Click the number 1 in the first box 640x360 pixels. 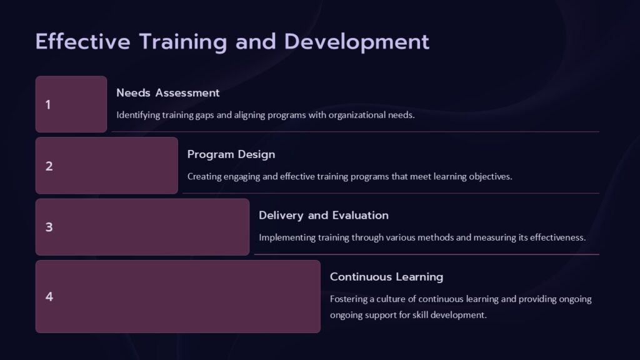pos(48,105)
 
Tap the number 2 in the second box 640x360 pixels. pos(49,166)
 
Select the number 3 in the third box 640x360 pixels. pos(49,227)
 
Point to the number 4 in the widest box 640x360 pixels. pos(49,297)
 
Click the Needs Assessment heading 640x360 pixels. pos(167,93)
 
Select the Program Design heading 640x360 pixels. pos(231,154)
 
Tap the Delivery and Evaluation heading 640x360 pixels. pos(323,216)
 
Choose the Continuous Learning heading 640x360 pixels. pos(386,277)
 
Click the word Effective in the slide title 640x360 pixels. pos(83,42)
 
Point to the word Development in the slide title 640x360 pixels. pos(357,42)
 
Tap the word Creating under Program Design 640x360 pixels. pos(204,176)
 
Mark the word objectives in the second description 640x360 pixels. pos(491,176)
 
